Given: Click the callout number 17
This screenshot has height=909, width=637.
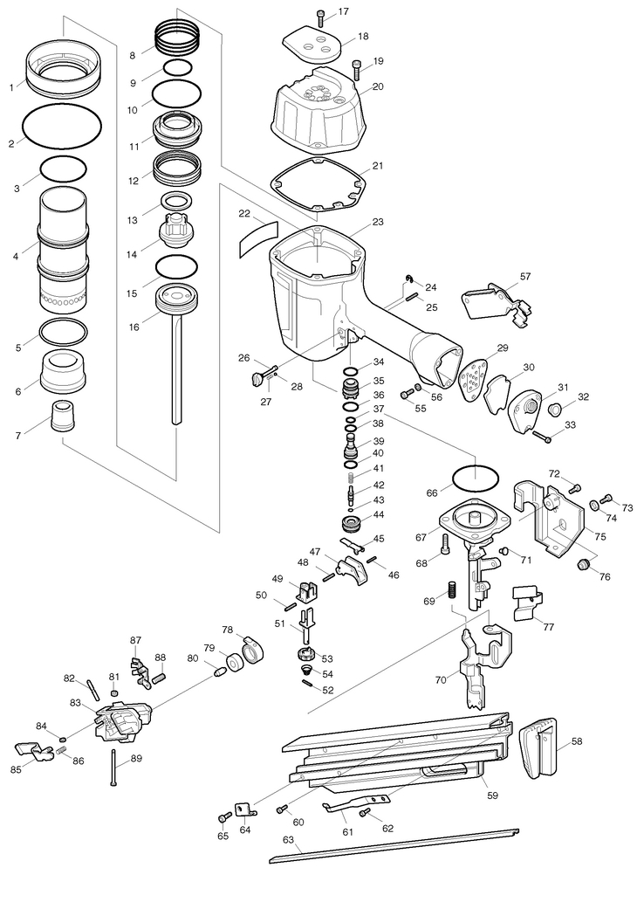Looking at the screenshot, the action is click(x=344, y=11).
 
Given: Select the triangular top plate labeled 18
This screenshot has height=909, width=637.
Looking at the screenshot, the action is click(x=312, y=44).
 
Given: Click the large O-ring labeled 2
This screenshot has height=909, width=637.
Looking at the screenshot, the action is click(x=62, y=124).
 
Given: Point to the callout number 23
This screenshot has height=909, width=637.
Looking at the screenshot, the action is click(x=378, y=222).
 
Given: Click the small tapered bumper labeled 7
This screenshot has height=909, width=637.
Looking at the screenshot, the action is click(x=63, y=416).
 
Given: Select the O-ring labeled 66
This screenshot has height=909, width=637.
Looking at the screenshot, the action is click(x=475, y=479).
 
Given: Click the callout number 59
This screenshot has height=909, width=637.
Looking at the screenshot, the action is click(x=492, y=795).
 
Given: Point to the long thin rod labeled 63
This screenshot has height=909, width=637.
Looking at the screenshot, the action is click(x=394, y=846).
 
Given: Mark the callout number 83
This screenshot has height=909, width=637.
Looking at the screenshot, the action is click(x=75, y=703).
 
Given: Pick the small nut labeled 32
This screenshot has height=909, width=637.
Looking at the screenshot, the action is click(x=554, y=410).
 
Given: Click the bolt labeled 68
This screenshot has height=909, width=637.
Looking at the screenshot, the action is click(x=445, y=543).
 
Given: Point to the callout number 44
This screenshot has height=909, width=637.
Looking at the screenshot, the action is click(x=378, y=514).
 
